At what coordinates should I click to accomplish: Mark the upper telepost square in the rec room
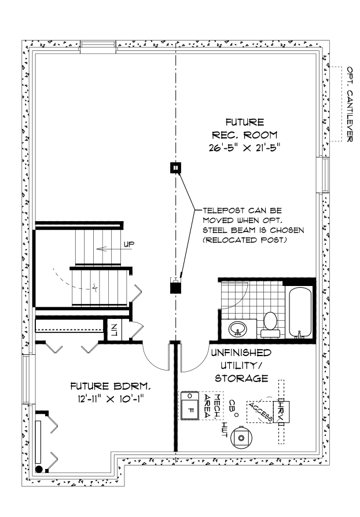tap(174, 168)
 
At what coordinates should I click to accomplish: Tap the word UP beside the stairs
tap(128, 245)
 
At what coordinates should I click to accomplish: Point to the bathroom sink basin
tap(237, 329)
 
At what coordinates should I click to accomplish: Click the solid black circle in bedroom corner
tap(39, 468)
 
